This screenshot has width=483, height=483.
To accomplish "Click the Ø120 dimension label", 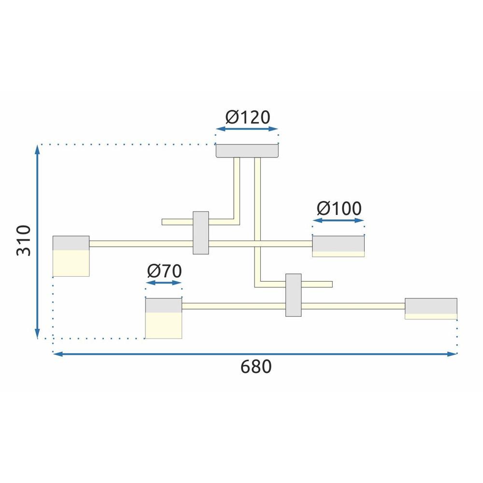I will click(247, 117).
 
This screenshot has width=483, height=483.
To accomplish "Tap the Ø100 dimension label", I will click(339, 209).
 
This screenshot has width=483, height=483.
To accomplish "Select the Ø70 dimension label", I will click(164, 271).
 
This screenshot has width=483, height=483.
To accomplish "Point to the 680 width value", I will click(256, 367).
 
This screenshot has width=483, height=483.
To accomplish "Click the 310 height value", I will click(24, 240).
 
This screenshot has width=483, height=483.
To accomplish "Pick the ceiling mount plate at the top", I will click(247, 151).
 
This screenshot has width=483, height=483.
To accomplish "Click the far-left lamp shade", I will click(71, 256).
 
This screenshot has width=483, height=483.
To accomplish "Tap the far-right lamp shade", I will click(431, 309).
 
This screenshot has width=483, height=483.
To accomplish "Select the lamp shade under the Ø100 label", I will click(338, 246).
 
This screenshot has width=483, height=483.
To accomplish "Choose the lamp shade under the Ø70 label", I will click(164, 318).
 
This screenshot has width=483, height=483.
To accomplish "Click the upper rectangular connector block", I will click(200, 233).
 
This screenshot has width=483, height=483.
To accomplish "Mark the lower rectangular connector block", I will click(293, 295).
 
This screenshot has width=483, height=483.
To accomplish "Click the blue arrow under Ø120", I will click(247, 129).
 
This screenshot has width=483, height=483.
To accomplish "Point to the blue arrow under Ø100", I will click(338, 221).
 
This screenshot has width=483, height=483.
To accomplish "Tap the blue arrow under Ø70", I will click(164, 284).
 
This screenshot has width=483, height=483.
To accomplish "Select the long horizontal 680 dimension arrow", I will click(255, 354).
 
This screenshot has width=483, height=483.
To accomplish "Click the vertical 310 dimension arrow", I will click(38, 241).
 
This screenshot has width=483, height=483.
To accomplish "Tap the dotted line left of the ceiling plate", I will click(126, 144).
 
